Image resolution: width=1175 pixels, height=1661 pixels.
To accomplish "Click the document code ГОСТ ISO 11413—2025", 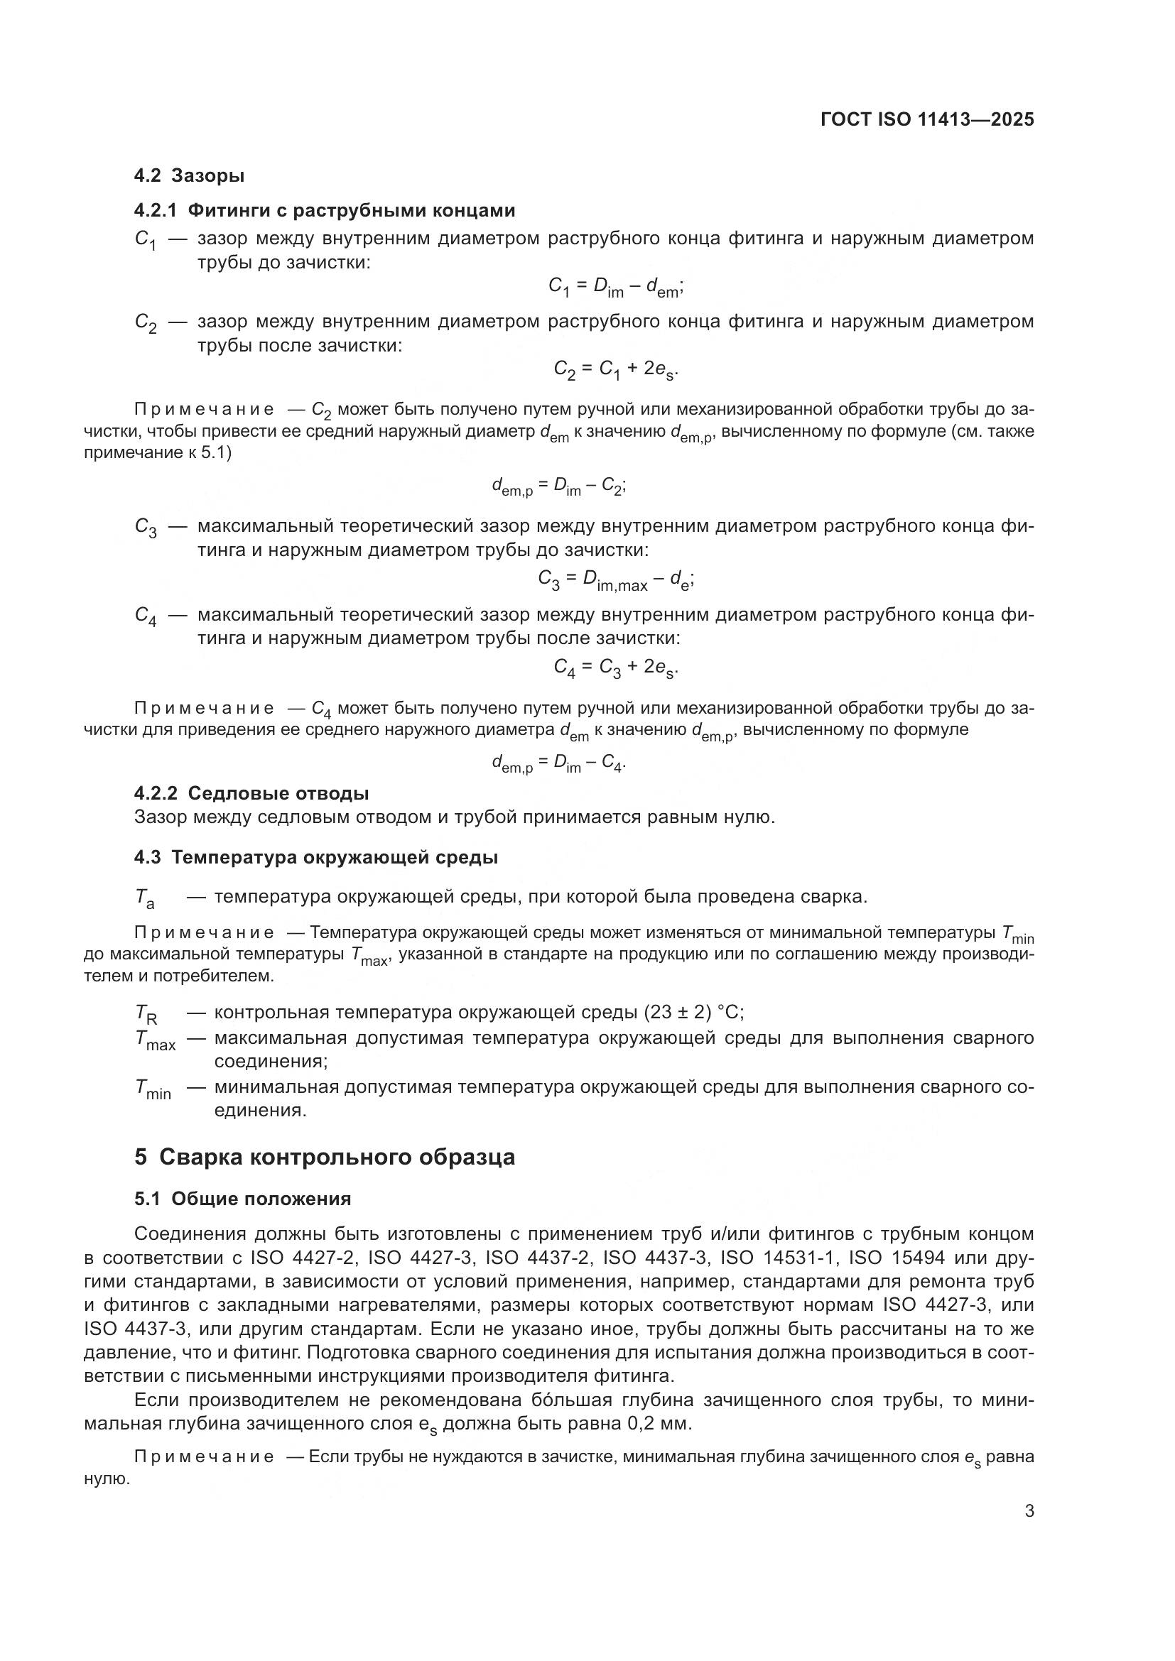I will pos(927,119).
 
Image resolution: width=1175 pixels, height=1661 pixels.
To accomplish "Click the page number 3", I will pos(1029,1511).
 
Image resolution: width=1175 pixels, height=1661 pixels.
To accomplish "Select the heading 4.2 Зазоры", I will pos(189,176).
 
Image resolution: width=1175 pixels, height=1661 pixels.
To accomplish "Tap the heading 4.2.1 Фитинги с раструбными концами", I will pos(324,210).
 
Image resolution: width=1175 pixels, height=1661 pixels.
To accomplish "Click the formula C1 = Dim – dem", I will pos(616,288).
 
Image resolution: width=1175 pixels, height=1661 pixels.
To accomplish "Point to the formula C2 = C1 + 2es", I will pos(616,370).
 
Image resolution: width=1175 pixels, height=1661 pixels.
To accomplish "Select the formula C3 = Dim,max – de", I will pos(616,579).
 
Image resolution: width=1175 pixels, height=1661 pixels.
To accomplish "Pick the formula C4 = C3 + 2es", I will pos(616,667).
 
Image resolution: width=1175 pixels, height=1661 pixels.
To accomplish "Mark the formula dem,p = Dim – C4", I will pos(558,763).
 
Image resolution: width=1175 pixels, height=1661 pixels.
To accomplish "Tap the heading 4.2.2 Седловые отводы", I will pos(251,794).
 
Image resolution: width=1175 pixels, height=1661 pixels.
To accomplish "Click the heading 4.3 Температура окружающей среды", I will pos(315,858).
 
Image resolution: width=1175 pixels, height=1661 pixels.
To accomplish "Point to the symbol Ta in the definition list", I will pos(145,898).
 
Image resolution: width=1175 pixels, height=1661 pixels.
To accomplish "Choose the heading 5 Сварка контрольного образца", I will pos(324,1157).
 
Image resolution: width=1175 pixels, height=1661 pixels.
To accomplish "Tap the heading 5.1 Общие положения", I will pos(242,1199).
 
